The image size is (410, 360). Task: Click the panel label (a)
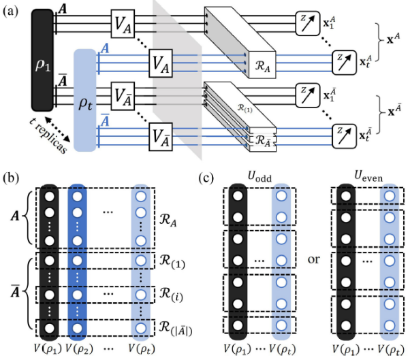click(x=10, y=9)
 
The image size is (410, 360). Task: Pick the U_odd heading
click(x=259, y=178)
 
